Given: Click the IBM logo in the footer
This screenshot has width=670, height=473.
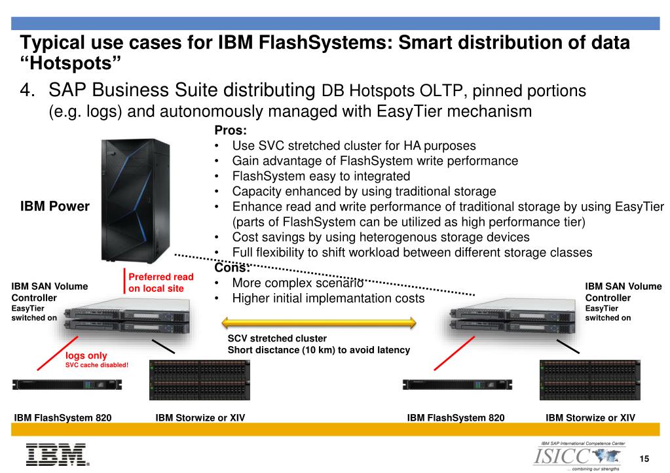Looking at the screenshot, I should point(56,455).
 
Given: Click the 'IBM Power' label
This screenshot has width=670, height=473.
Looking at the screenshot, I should point(55,207).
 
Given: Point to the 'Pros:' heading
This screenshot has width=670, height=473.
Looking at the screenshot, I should point(230,130).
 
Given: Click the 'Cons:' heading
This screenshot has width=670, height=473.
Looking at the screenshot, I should point(231,268).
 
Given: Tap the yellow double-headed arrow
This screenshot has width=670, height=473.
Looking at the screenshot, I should point(319,322).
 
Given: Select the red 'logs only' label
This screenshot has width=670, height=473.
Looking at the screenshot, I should point(86,356).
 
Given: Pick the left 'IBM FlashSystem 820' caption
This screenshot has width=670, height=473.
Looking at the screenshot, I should point(63,417).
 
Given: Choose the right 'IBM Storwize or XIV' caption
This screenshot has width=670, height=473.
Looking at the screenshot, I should point(590,417).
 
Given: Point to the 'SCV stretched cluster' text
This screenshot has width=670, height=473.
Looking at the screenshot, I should point(277,338).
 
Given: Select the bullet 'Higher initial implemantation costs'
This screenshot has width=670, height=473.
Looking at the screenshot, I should point(328,298).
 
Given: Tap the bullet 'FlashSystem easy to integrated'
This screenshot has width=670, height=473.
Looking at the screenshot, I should point(321,176).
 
